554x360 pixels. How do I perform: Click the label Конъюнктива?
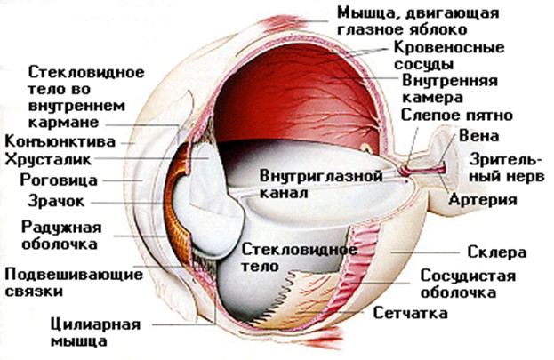point(60,141)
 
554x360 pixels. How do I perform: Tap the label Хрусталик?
point(48,159)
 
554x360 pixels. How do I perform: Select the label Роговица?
point(59,180)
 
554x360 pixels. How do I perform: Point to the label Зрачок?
point(56,201)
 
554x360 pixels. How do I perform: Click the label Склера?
point(497,252)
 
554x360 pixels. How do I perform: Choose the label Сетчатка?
point(411,313)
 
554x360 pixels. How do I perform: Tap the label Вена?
point(479,136)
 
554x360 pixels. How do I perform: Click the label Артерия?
point(483,200)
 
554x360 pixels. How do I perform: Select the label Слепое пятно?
point(456,116)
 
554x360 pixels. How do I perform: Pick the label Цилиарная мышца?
point(95,332)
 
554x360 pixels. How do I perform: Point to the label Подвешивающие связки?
point(74,283)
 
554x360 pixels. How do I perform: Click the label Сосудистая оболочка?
point(468,284)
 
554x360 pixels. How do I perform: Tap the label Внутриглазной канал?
point(321,184)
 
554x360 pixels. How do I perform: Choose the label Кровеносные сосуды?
point(449,55)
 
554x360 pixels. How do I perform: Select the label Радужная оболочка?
point(61,236)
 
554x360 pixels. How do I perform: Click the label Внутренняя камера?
point(450,89)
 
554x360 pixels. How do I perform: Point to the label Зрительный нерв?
point(506,168)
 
